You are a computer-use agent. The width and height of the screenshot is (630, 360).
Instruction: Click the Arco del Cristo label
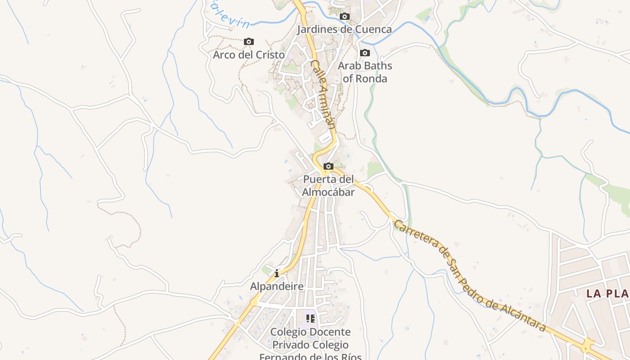249,55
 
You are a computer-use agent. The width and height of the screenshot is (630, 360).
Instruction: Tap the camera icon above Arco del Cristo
249,42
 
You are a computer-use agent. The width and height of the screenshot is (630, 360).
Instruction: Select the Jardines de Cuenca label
344,30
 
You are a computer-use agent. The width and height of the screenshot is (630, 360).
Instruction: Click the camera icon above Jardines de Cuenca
345,17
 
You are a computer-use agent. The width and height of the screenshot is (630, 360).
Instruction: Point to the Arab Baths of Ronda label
365,72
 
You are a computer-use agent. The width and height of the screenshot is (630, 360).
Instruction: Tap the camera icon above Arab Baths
365,53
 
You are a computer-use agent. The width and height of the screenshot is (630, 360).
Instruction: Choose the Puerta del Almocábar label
328,185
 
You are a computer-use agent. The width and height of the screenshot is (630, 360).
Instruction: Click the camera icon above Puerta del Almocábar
328,166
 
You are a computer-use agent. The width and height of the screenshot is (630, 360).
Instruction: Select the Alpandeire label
277,286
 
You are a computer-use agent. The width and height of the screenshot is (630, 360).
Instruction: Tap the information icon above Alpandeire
277,273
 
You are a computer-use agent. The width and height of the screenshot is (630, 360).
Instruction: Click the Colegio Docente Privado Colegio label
310,338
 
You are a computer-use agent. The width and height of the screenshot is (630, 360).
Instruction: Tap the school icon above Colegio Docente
310,319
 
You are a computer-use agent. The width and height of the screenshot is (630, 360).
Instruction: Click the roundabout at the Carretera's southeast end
587,346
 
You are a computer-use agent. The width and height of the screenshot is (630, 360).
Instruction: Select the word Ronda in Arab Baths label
371,79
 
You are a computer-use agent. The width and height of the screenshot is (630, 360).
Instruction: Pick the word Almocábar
328,192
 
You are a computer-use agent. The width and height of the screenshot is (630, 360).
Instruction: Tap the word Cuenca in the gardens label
373,30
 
